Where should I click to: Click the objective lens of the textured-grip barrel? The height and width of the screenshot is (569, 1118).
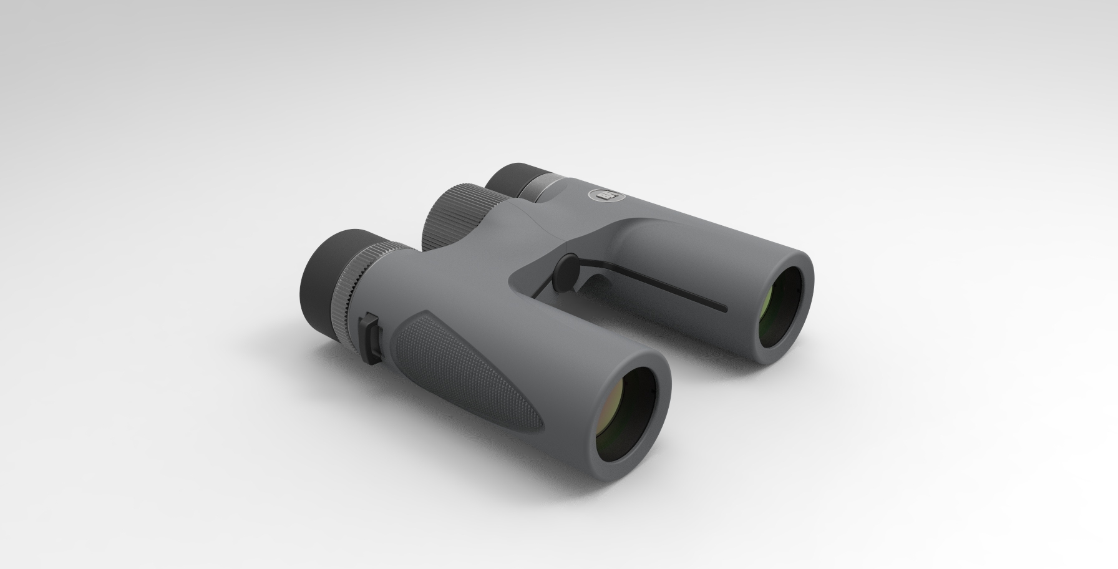point(625,419)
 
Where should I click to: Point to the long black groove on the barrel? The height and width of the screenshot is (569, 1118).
point(655,284)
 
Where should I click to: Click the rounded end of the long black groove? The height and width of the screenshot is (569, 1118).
point(724,308)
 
